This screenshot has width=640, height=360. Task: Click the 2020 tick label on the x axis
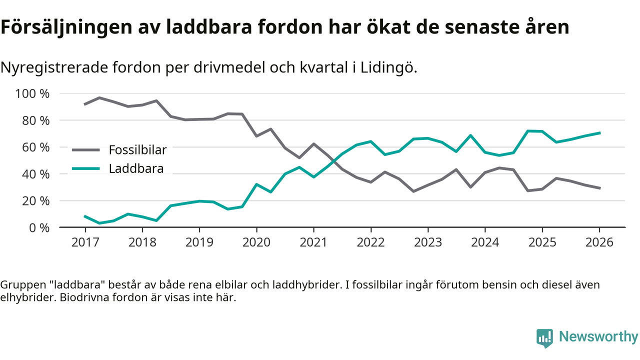pos(256,242)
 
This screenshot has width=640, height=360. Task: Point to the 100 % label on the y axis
pos(32,94)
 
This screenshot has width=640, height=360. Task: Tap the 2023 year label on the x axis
pos(427,242)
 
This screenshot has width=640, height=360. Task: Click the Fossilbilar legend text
pos(137,149)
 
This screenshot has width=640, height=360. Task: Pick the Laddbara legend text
pos(136,168)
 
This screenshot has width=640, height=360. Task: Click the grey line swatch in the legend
pos(86,149)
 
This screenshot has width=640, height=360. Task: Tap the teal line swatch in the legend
pos(86,168)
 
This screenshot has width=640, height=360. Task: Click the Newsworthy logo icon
pos(544,338)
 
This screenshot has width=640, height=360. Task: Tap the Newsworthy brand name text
pos(598,337)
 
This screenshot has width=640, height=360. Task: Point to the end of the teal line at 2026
pos(599,133)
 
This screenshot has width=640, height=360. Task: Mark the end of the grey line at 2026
pos(599,188)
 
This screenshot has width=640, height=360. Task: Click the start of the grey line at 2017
pos(85,104)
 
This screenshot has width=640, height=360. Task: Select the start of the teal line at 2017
pos(85,216)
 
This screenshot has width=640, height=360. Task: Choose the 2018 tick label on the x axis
pos(142,242)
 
